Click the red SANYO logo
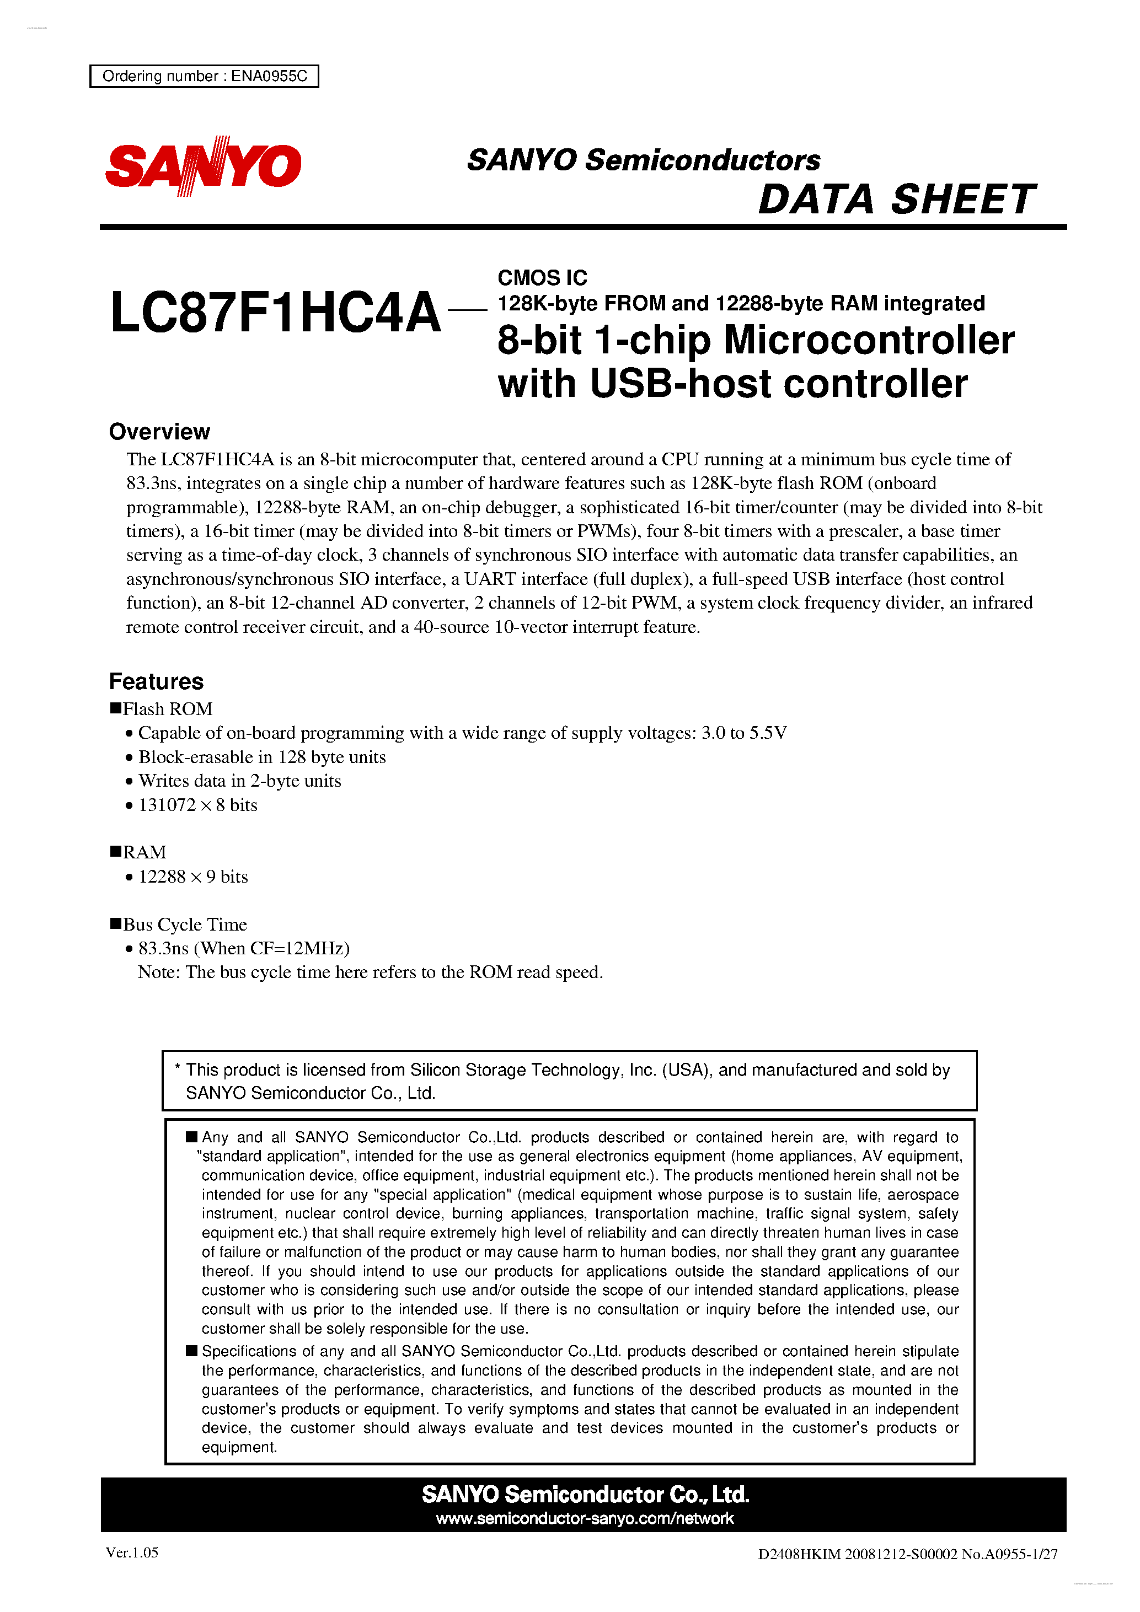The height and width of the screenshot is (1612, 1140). coord(203,166)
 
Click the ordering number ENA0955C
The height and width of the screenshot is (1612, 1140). coord(269,76)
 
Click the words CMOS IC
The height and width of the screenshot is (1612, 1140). coord(542,278)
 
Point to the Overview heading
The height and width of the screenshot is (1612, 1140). coord(159,432)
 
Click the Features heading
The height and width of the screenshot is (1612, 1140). coord(156,682)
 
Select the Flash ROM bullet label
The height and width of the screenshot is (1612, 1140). coord(167,709)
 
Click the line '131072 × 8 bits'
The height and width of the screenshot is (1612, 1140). coord(197,805)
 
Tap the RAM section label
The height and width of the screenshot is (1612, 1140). coord(144,852)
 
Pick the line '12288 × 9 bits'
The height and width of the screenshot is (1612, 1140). coord(193,877)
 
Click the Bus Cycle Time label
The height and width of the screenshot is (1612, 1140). coord(185,925)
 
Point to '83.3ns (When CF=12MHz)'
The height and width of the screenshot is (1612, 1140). coord(244,949)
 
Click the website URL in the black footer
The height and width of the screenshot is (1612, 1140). coord(585,1519)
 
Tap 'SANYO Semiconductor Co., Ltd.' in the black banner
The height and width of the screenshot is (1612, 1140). coord(585,1495)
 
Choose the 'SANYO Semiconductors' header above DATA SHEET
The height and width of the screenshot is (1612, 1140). coord(644,160)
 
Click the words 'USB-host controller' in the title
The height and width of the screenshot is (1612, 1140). coord(778,384)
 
